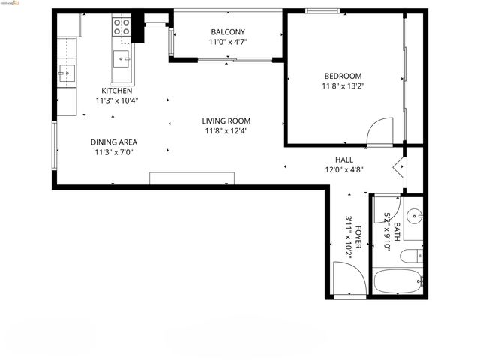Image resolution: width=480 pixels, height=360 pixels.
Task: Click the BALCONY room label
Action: tap(228, 31)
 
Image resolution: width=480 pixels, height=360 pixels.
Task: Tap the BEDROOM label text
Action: tap(343, 76)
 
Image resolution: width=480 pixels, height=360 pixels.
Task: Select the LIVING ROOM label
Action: tap(226, 121)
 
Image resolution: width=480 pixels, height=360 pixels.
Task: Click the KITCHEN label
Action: tap(117, 91)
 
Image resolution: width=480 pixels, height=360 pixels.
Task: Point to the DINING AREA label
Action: tap(114, 142)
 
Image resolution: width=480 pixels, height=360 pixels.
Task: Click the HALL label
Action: tap(344, 160)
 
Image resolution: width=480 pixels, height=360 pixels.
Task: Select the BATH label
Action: tap(397, 227)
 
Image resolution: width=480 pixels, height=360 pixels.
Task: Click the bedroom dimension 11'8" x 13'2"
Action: tap(343, 85)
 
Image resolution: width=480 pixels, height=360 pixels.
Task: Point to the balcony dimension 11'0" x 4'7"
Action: tap(228, 42)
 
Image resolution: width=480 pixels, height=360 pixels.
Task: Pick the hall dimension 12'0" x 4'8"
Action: tap(344, 169)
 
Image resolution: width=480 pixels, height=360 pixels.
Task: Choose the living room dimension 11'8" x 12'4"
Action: tap(226, 130)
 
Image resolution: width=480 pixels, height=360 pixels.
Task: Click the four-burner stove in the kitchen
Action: tap(121, 27)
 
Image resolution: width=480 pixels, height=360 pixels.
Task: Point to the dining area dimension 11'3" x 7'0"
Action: tap(114, 152)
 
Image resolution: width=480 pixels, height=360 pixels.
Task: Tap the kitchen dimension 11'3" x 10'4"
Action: tap(117, 100)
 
